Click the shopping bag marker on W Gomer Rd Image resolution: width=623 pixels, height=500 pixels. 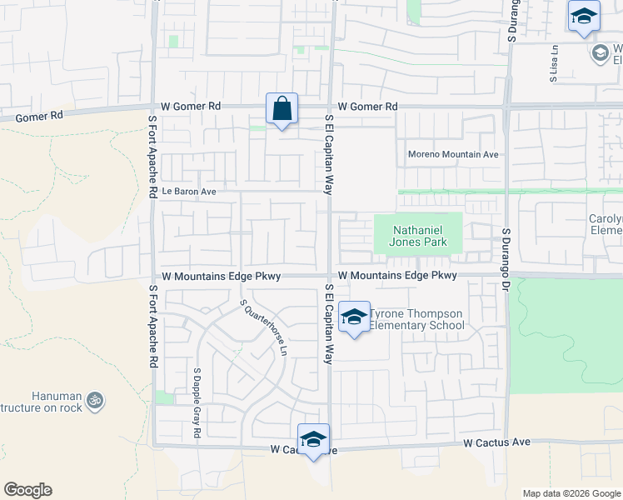pyautogui.click(x=282, y=109)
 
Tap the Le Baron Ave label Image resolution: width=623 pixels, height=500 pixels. pyautogui.click(x=189, y=192)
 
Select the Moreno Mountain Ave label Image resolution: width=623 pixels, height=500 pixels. pyautogui.click(x=452, y=154)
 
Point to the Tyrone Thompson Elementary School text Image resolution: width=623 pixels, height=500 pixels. pyautogui.click(x=416, y=319)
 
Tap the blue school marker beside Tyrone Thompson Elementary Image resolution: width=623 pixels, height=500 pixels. pyautogui.click(x=355, y=317)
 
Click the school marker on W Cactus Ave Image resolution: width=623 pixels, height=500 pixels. pyautogui.click(x=313, y=440)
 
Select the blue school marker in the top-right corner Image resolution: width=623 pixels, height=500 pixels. pyautogui.click(x=584, y=17)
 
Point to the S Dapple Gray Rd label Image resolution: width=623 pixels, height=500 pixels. pyautogui.click(x=197, y=404)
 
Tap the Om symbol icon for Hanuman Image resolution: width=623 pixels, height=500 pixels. pyautogui.click(x=94, y=400)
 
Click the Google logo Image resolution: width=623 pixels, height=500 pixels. pyautogui.click(x=27, y=490)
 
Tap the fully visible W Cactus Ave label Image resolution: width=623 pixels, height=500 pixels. pyautogui.click(x=497, y=442)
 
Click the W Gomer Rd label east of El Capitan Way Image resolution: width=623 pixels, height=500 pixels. pyautogui.click(x=367, y=107)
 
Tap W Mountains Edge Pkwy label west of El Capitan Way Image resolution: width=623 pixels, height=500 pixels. pyautogui.click(x=221, y=276)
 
